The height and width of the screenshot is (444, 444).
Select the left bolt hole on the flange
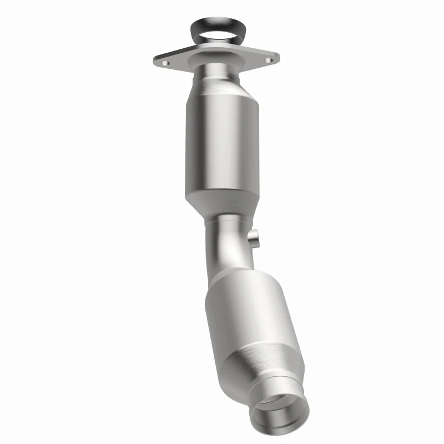pyautogui.click(x=164, y=64)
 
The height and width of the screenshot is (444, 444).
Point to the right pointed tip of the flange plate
pyautogui.click(x=277, y=55)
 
